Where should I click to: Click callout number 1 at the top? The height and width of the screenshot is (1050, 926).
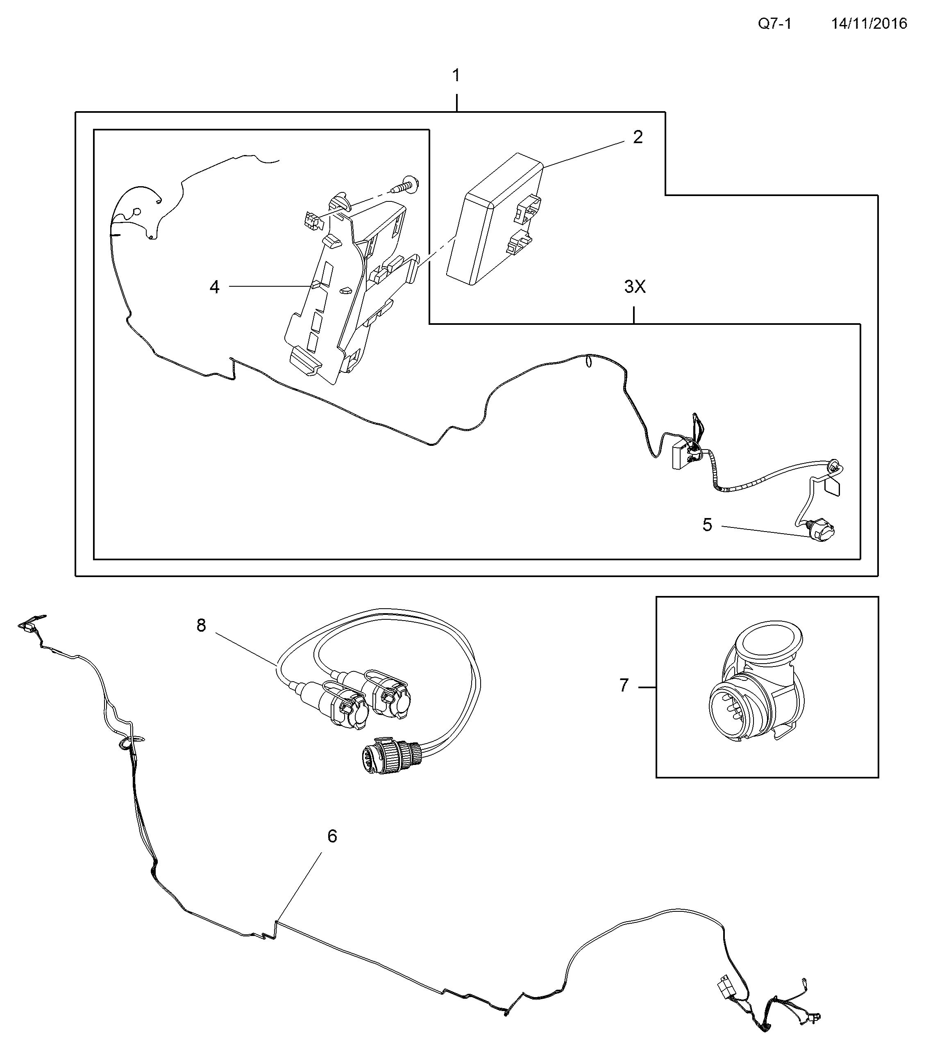point(456,76)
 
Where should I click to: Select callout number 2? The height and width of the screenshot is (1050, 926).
point(638,137)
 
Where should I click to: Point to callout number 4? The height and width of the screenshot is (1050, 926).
point(215,287)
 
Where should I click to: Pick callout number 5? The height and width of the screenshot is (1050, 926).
point(707,525)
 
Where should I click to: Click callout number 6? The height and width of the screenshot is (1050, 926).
point(332,837)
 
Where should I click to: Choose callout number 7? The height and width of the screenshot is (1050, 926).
point(624,685)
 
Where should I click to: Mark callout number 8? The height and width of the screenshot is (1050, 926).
point(201,625)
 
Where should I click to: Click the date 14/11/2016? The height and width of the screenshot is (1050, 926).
point(869,24)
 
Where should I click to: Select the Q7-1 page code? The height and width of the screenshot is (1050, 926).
point(775,24)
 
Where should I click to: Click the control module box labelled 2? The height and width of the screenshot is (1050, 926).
point(495,218)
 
